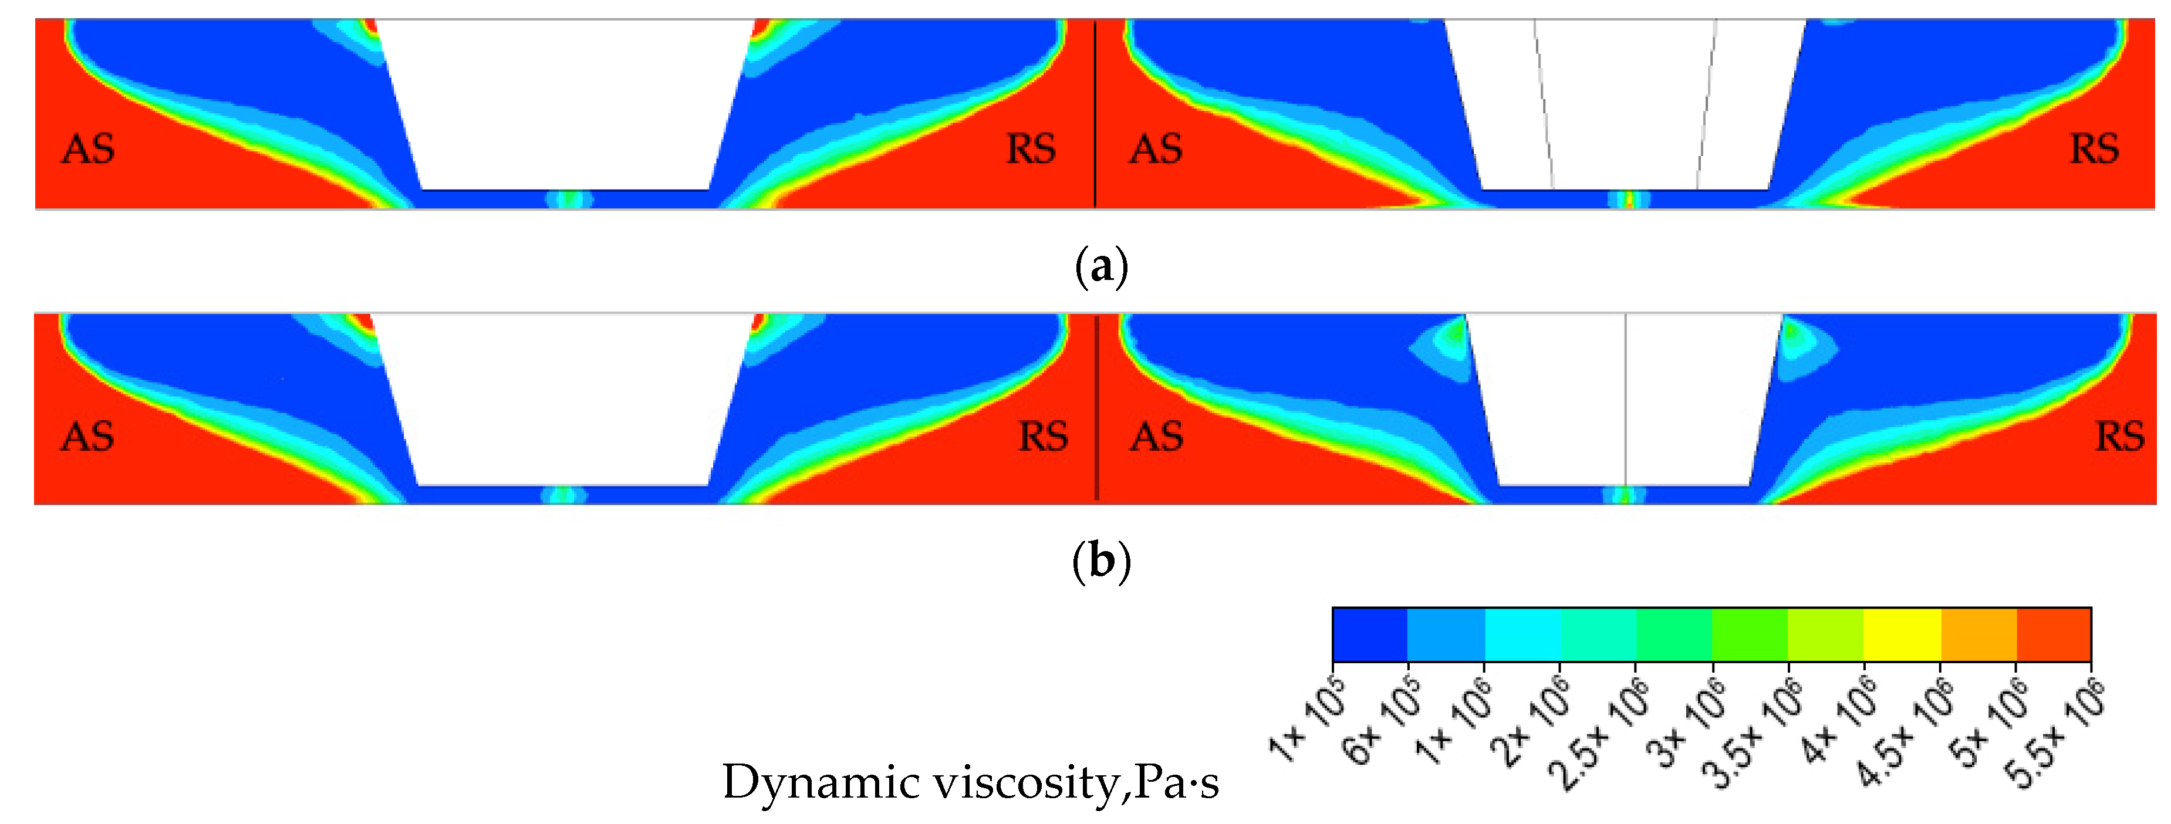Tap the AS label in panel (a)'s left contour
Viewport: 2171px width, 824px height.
pos(87,150)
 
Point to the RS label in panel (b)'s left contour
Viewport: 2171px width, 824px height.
pos(1044,437)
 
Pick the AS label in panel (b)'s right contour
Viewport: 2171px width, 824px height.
pos(1156,437)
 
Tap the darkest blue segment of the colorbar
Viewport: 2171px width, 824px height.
pos(1369,634)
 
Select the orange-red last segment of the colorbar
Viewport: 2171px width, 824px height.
pos(2053,634)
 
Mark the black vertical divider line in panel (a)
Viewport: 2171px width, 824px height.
pos(1095,114)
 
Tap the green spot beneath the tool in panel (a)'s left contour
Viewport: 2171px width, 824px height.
pos(570,200)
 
